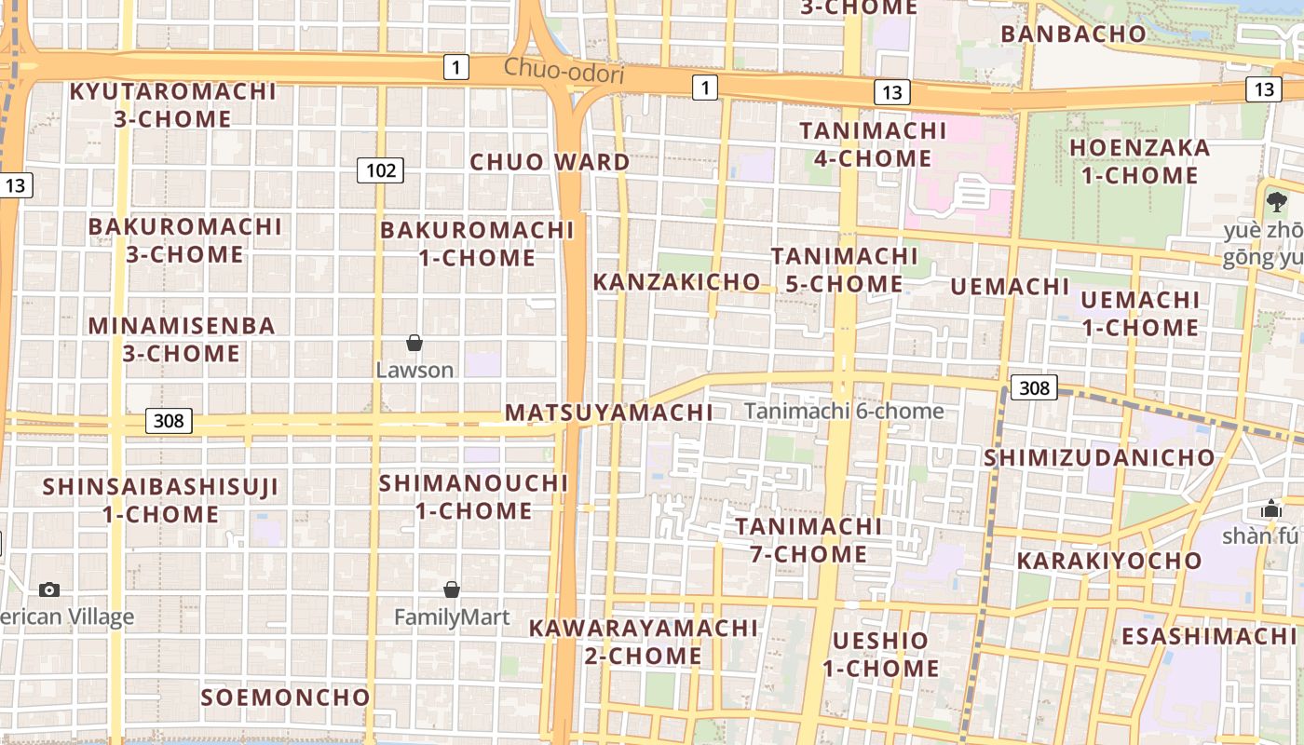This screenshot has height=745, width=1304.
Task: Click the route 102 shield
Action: pos(380,170)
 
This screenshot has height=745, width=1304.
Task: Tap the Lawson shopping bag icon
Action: pos(414,344)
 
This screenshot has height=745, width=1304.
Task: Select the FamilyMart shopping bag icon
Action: pos(452,589)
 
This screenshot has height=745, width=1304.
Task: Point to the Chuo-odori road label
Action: pos(564,71)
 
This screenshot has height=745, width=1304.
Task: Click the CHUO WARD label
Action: pos(550,162)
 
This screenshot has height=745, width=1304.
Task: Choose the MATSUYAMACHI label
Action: pos(609,412)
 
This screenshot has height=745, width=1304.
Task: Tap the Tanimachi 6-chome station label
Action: pos(844,411)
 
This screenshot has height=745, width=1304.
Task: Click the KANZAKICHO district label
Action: pos(676,281)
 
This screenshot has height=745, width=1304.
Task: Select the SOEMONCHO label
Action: pos(286,697)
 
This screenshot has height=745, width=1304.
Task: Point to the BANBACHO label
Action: pos(1073,34)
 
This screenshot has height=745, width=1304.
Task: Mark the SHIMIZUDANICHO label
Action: pos(1099,457)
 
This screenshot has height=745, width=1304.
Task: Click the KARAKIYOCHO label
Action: pos(1109,561)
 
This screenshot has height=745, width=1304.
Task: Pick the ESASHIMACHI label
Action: pos(1208,636)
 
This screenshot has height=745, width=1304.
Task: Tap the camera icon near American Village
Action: pos(49,589)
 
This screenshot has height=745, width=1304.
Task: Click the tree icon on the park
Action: pos(1276,201)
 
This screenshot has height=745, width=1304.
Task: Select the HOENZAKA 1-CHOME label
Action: pos(1139,161)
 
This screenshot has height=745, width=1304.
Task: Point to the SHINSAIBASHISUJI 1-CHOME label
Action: pos(160,500)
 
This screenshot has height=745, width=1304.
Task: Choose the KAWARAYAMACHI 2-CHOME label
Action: pos(644,642)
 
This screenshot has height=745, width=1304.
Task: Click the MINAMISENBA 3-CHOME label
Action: pos(182,339)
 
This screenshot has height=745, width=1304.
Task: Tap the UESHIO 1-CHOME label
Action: pos(880,654)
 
